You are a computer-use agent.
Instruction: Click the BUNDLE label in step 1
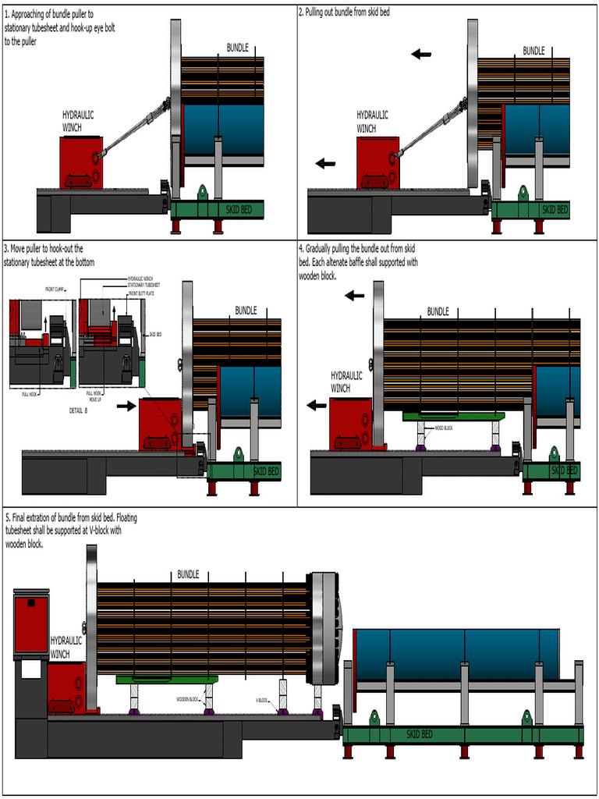click(238, 48)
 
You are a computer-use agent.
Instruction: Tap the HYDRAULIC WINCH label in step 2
click(373, 122)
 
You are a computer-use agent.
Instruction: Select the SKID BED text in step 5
click(419, 734)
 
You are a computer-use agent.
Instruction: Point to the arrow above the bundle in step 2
click(421, 54)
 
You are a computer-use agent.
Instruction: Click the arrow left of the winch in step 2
click(325, 163)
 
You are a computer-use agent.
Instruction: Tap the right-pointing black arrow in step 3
click(125, 406)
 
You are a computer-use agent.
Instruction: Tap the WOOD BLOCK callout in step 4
click(445, 428)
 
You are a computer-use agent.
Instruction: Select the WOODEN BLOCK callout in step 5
click(190, 699)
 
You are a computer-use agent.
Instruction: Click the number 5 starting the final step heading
click(7, 518)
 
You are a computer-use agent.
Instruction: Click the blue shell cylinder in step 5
click(456, 653)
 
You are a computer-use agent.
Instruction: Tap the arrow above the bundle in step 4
click(355, 295)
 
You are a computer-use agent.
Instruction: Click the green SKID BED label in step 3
click(265, 471)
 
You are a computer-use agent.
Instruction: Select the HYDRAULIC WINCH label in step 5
click(66, 647)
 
